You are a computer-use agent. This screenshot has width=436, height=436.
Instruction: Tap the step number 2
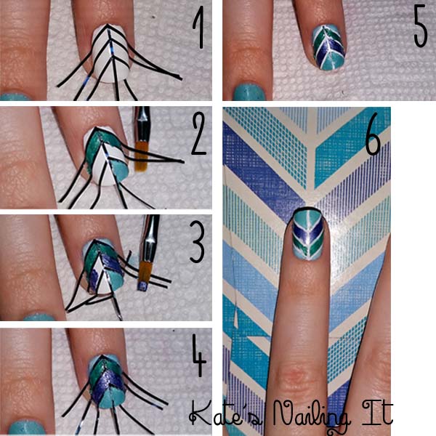(x=199, y=134)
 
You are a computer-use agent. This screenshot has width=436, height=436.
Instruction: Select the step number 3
(x=197, y=242)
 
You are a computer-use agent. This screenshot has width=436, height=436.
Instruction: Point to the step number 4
(x=199, y=355)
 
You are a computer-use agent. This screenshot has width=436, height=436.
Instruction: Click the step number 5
(x=420, y=26)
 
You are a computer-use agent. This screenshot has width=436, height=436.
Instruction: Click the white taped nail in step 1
(x=110, y=53)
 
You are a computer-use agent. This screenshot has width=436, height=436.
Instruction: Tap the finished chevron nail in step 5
(x=329, y=47)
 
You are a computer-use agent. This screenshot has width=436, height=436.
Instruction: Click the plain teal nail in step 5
(x=249, y=92)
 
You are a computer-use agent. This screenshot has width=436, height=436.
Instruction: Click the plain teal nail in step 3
(x=39, y=318)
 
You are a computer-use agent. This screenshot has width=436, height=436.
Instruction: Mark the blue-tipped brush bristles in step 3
(x=143, y=286)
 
